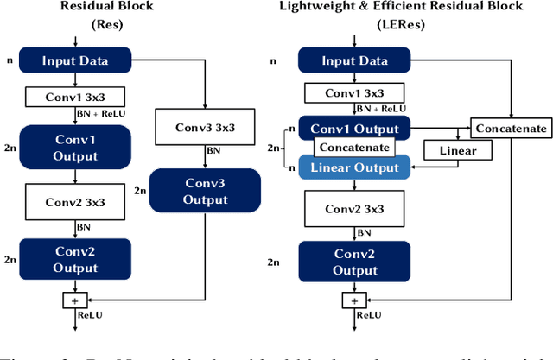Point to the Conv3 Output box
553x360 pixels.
pyautogui.click(x=205, y=191)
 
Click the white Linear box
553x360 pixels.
pyautogui.click(x=457, y=151)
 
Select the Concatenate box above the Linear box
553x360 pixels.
pyautogui.click(x=510, y=129)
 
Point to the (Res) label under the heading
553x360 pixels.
pyautogui.click(x=108, y=26)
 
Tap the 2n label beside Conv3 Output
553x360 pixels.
pyautogui.click(x=140, y=190)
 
